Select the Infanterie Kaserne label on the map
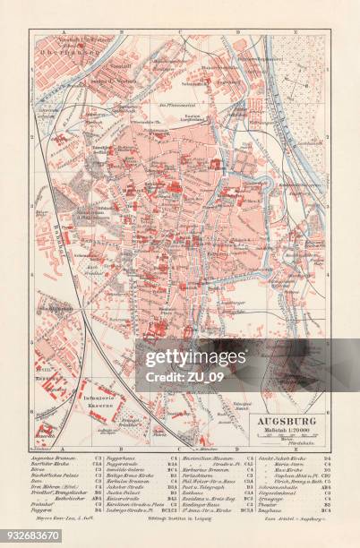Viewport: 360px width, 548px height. [x=108, y=394]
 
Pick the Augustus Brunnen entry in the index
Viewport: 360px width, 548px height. [x=56, y=458]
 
